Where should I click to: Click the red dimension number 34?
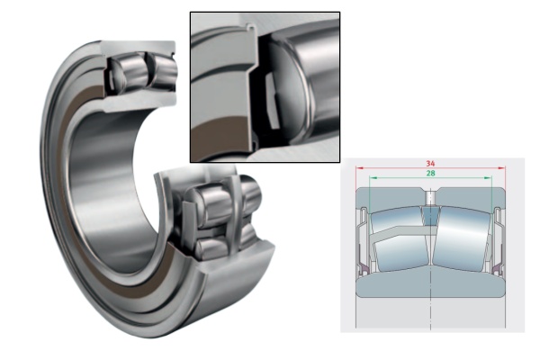(x=431, y=163)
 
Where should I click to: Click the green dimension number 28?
(x=431, y=174)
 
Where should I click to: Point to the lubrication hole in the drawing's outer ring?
(x=431, y=197)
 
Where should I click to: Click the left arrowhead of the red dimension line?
(x=360, y=168)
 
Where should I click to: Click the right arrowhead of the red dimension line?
(x=504, y=168)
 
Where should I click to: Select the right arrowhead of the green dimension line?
(x=491, y=179)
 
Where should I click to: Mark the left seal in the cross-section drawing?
(x=364, y=238)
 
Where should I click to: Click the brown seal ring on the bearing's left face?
(x=67, y=153)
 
